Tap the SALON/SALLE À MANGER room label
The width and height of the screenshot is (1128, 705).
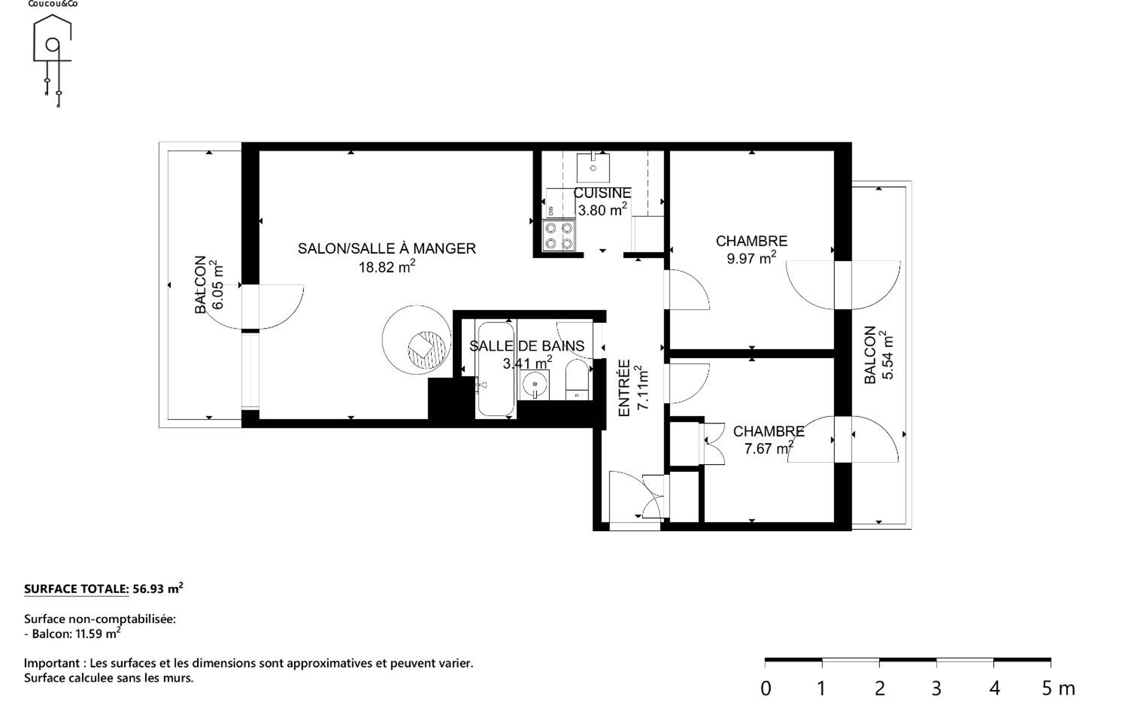387,248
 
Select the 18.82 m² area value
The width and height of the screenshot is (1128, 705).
387,267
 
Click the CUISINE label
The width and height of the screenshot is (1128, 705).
602,193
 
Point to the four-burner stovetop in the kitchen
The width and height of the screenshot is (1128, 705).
559,236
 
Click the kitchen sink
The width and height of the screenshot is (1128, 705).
593,168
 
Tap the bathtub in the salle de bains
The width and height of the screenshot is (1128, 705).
496,368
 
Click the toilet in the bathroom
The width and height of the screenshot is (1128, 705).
577,379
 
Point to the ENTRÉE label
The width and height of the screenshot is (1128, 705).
624,388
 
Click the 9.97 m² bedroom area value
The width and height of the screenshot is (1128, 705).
751,258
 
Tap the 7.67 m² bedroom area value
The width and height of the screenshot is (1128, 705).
769,448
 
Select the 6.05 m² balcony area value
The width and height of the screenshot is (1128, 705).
217,285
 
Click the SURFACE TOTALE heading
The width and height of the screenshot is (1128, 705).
76,589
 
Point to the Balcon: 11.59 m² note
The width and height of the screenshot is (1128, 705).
72,634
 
